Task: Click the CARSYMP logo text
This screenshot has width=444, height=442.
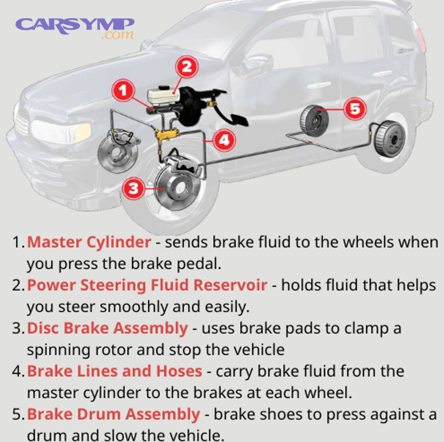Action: click(x=74, y=24)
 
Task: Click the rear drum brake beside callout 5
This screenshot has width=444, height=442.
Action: click(x=314, y=119)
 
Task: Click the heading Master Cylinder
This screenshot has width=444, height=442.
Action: click(x=89, y=242)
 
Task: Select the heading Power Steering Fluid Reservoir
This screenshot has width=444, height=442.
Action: click(x=147, y=285)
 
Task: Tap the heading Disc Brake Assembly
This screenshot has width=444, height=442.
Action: click(x=107, y=328)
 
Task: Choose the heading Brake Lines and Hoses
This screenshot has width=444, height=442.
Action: click(x=114, y=371)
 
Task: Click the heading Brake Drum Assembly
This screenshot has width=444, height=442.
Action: click(x=113, y=414)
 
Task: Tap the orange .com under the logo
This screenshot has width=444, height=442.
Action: click(x=117, y=35)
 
